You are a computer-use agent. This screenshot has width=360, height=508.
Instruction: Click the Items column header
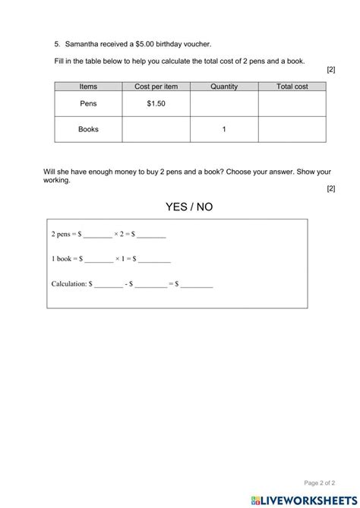tap(88, 87)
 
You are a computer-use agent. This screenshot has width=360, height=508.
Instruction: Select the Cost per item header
tap(156, 87)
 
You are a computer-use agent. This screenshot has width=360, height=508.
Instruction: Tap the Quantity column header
tap(224, 87)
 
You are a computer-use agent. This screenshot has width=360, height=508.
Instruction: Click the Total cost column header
tap(292, 87)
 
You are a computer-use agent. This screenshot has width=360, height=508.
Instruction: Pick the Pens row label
tap(88, 103)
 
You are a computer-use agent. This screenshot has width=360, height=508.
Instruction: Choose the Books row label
tap(88, 129)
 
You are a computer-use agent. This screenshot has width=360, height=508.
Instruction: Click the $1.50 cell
tap(156, 103)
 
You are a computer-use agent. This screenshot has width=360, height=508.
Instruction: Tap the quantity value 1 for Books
tap(224, 129)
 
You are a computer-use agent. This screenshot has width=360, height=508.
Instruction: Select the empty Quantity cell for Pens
tap(224, 103)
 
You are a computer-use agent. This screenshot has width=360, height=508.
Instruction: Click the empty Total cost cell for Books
tap(292, 129)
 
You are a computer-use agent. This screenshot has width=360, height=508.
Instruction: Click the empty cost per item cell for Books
tap(156, 129)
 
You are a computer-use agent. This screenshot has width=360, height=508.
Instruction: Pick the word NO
tap(203, 207)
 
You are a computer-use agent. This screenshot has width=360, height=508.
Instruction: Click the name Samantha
tap(83, 46)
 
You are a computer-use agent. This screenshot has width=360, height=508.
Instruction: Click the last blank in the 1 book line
tap(154, 260)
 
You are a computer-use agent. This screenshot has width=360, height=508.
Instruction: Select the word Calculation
tap(69, 285)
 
